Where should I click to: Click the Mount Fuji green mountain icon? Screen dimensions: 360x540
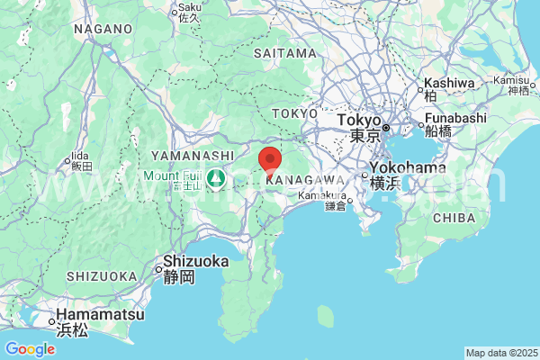[x=217, y=178]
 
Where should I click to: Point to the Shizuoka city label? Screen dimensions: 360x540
[x=195, y=262]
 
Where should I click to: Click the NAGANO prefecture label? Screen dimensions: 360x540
[x=103, y=29]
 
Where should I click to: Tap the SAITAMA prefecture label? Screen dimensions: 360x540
[x=284, y=53]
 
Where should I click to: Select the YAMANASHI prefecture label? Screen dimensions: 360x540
[x=180, y=155]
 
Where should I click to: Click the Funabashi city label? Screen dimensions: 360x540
[x=456, y=118]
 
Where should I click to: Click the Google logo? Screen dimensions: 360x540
[x=30, y=349]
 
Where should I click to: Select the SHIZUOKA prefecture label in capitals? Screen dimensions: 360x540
[x=101, y=276]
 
